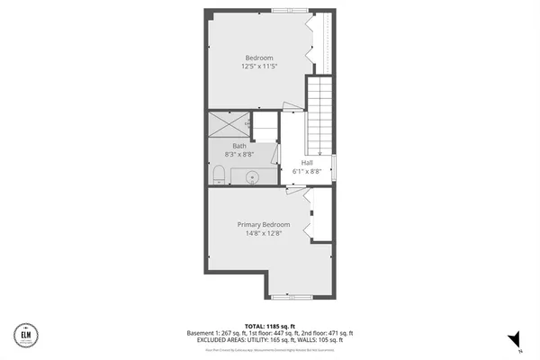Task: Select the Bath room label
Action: click(239, 146)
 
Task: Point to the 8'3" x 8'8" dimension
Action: click(239, 155)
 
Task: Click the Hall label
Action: click(308, 163)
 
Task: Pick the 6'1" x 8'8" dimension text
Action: click(308, 171)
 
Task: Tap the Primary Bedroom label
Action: click(264, 224)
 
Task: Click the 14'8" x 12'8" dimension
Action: click(264, 233)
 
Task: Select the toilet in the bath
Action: click(220, 174)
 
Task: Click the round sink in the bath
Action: click(253, 177)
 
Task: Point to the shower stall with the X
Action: click(229, 123)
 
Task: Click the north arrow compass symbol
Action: click(515, 339)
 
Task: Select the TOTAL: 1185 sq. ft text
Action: click(270, 325)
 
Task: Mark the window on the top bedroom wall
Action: click(291, 11)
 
